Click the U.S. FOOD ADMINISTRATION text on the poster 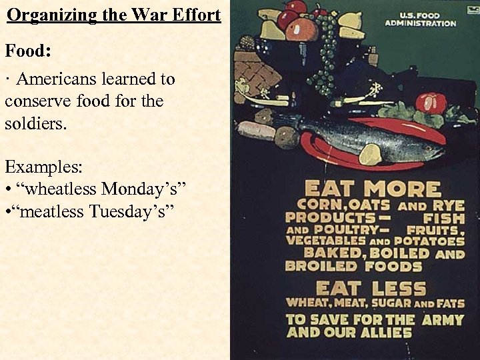click(x=419, y=19)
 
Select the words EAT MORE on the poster click(x=373, y=189)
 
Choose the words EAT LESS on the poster click(x=370, y=288)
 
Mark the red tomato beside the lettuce click(x=431, y=103)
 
